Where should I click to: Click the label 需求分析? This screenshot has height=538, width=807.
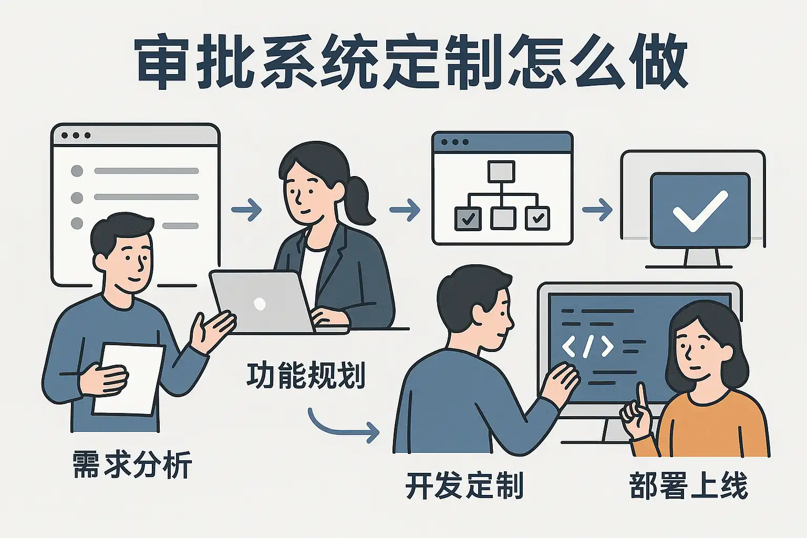132,464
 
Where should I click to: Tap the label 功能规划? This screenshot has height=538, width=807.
305,375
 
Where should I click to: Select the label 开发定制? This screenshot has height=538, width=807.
464,485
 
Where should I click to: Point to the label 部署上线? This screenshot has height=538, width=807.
688,485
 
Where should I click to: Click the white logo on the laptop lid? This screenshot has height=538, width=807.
260,303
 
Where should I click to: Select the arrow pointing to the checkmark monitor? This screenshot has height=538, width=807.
597,210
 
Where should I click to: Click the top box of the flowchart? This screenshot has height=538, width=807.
501,171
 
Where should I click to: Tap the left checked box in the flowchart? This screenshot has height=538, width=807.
467,218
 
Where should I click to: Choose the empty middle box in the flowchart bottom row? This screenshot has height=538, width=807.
502,218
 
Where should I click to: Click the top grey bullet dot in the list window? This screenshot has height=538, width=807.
77,171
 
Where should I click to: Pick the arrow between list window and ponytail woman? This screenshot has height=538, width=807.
246,210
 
